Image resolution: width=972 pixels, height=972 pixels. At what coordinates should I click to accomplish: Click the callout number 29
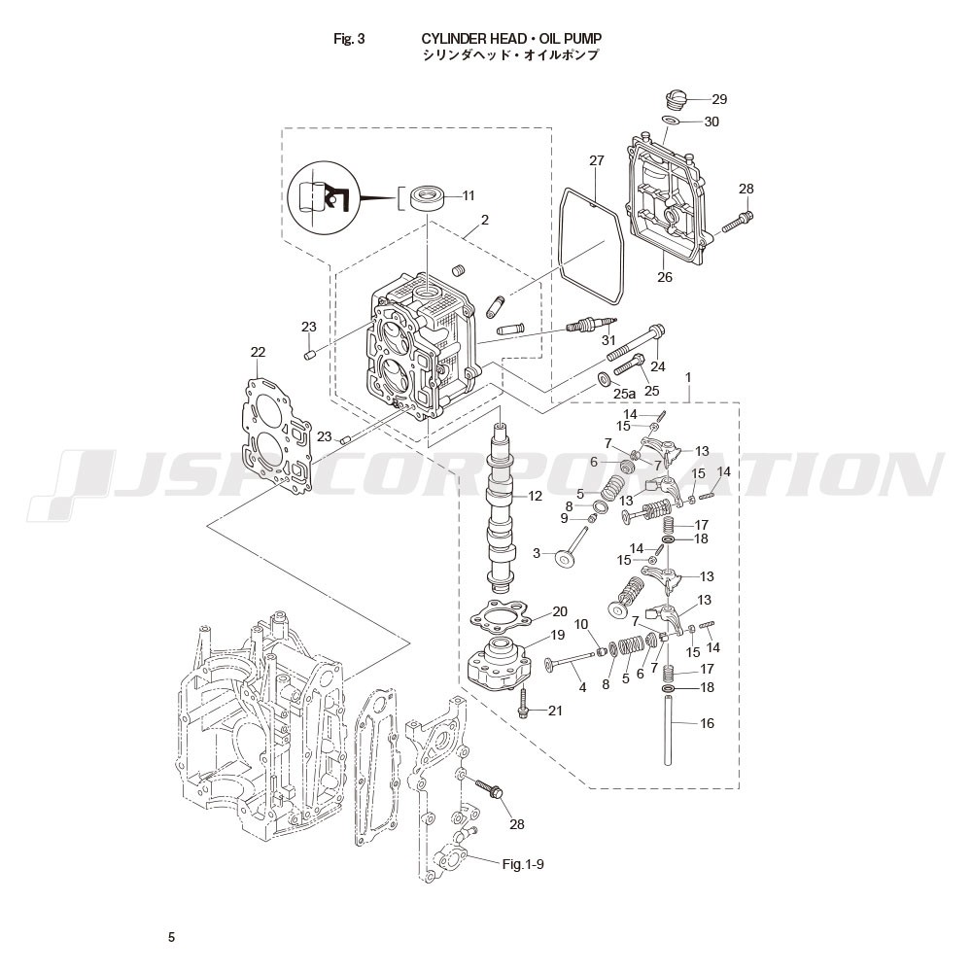click(719, 99)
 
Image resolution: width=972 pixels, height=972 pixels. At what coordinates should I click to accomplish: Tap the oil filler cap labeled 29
click(677, 100)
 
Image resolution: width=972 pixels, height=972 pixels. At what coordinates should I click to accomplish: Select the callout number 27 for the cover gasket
click(597, 160)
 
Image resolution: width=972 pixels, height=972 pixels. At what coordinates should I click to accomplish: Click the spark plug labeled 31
click(593, 325)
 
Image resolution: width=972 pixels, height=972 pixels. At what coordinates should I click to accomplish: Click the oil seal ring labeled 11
click(428, 197)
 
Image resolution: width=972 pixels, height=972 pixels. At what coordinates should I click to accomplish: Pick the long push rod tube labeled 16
click(669, 730)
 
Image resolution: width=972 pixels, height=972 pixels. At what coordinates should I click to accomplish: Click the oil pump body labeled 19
click(500, 665)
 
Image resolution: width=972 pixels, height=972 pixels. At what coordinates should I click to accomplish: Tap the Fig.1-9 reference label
click(523, 864)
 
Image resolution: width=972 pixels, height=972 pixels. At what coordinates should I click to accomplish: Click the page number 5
click(172, 937)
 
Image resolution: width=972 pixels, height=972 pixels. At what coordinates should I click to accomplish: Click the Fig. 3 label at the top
click(349, 39)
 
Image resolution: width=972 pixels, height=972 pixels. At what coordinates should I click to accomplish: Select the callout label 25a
click(625, 393)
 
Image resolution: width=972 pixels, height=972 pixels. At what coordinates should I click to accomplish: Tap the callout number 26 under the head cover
click(665, 277)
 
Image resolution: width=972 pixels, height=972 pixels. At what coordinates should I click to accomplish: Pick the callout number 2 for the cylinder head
click(485, 220)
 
